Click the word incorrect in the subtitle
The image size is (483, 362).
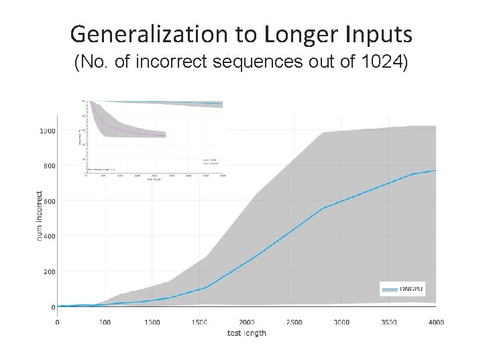click(x=168, y=64)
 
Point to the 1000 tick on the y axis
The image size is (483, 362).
click(x=46, y=130)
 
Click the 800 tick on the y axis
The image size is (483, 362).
click(x=48, y=166)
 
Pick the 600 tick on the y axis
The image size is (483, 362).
click(x=48, y=201)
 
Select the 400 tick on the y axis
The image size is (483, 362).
click(x=48, y=236)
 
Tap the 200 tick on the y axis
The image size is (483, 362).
click(x=48, y=271)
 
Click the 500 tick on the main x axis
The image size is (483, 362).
click(x=105, y=322)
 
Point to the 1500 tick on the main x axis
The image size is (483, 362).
click(x=199, y=322)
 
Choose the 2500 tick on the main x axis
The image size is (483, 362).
click(x=294, y=322)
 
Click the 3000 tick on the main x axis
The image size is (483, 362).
click(x=341, y=322)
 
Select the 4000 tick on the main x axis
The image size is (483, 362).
click(x=435, y=322)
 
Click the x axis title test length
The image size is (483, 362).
click(x=246, y=333)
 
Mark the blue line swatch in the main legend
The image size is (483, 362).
click(x=389, y=288)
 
